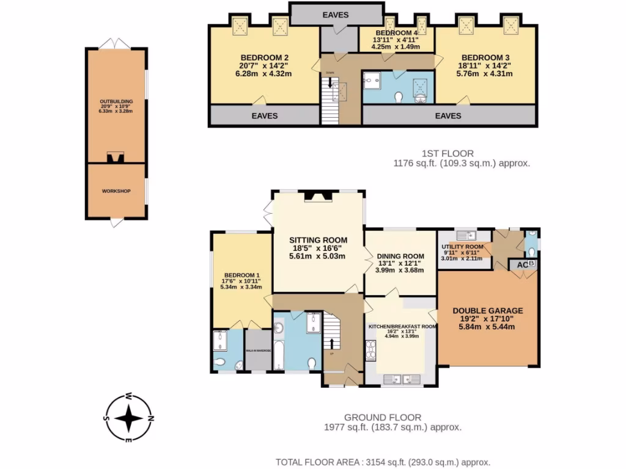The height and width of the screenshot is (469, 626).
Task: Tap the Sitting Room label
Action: pos(318,240)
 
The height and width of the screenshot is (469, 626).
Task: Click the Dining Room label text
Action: pos(400,256)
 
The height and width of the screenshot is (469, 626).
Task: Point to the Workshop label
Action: pos(116,191)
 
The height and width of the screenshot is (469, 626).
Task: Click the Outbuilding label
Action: pos(116,101)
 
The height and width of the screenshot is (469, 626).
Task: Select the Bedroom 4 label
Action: pos(396,33)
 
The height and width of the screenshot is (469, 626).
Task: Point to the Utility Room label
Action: pos(462,247)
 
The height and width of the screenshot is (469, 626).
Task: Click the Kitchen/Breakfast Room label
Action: pos(402,327)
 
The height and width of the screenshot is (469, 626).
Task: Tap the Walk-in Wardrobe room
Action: pos(259,351)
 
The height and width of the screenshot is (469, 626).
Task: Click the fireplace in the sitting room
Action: pos(319,196)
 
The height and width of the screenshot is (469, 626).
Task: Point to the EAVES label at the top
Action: pos(336,15)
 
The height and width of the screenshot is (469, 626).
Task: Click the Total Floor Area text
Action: pos(383,462)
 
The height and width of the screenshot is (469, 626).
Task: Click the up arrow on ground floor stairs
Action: pos(332,344)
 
